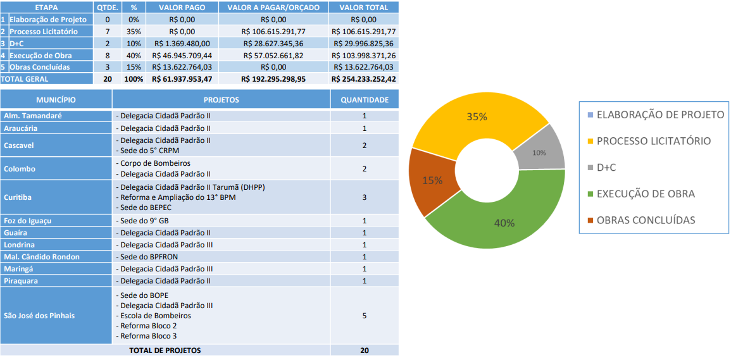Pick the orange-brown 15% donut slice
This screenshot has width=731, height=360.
433,180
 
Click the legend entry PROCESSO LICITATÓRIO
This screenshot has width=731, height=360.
653,141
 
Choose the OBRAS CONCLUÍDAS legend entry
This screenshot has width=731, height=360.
646,220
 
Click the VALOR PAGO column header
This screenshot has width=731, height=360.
182,8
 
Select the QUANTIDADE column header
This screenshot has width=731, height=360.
365,100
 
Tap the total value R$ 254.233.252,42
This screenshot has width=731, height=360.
363,79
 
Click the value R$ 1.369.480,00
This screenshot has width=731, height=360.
182,44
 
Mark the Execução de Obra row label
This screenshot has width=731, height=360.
39,56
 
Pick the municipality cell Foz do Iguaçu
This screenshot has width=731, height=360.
27,221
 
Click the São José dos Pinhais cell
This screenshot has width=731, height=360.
39,315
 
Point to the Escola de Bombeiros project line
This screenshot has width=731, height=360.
154,315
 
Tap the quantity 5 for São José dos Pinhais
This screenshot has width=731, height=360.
365,315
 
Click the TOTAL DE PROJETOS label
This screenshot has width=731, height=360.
165,350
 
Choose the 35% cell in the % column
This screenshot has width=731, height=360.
134,32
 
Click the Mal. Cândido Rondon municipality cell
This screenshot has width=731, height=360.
41,257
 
